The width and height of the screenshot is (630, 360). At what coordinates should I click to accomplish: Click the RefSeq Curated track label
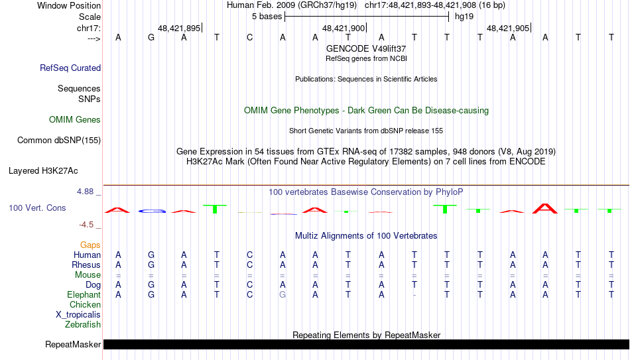click(x=70, y=68)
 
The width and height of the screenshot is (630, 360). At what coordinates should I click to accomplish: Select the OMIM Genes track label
click(x=75, y=120)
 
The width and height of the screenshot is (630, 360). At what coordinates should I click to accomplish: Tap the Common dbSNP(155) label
click(x=59, y=141)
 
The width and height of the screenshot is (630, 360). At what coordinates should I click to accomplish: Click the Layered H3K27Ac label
click(x=43, y=171)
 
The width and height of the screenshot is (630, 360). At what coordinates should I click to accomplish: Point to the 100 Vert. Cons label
click(x=37, y=208)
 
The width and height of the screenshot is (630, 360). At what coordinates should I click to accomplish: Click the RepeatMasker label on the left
click(x=73, y=344)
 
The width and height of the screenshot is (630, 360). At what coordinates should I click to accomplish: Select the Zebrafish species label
click(x=83, y=324)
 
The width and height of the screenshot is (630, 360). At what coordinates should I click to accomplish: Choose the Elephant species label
click(x=84, y=294)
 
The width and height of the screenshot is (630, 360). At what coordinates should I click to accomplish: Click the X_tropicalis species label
click(x=78, y=315)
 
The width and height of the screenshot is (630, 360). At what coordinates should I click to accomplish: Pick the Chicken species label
click(x=85, y=304)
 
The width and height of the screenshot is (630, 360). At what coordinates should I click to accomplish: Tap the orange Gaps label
click(x=90, y=245)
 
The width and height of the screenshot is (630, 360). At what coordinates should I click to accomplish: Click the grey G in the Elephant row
click(x=283, y=295)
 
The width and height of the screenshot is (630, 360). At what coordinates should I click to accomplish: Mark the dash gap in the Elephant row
click(x=414, y=295)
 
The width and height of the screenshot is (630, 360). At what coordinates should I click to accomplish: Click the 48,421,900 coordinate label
click(x=344, y=28)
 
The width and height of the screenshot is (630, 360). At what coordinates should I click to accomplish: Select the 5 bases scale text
click(x=267, y=17)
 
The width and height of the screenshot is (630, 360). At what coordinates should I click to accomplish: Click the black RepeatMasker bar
click(x=366, y=344)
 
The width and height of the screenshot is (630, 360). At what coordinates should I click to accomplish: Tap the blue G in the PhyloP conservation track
click(x=152, y=211)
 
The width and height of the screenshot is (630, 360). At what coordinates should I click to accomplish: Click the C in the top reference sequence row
click(x=249, y=37)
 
